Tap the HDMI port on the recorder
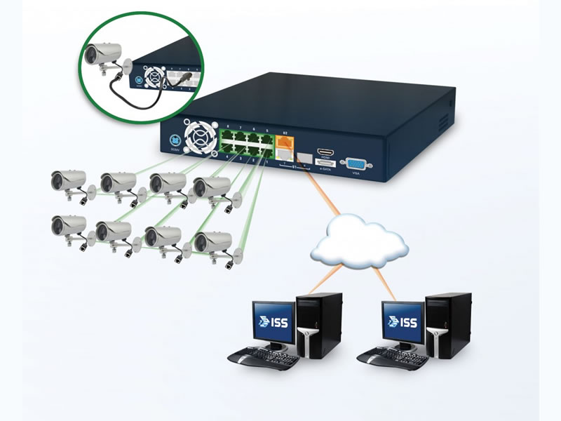(x=325, y=152)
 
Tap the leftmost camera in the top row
(x=68, y=180)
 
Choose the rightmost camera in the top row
(x=211, y=187)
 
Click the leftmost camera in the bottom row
(x=68, y=226)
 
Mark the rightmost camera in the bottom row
(x=212, y=242)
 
